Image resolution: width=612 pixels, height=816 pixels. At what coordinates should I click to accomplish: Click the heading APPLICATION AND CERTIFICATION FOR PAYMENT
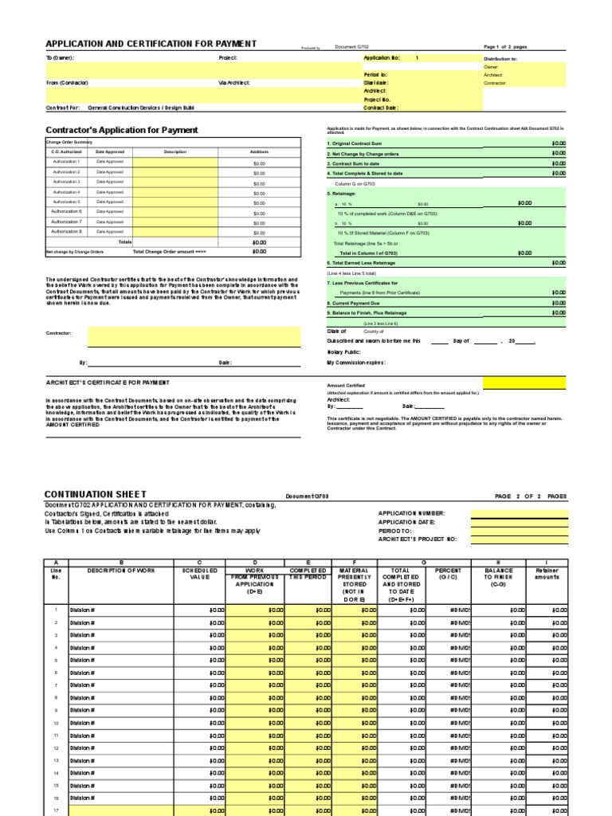click(x=151, y=44)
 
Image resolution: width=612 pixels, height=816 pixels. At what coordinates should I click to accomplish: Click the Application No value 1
click(x=416, y=58)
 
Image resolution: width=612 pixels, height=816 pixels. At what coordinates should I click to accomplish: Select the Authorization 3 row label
click(x=67, y=182)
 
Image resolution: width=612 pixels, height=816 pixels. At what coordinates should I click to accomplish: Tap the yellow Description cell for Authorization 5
click(x=175, y=202)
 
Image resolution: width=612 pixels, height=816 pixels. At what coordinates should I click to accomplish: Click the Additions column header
click(x=259, y=151)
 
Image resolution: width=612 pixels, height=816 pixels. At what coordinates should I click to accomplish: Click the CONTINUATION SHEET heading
click(x=96, y=495)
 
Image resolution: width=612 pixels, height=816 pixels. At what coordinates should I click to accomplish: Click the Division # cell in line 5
click(x=83, y=660)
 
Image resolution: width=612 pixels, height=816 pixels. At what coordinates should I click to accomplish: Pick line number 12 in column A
click(x=56, y=748)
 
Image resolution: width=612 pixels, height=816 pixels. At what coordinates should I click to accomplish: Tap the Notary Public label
click(x=344, y=351)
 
